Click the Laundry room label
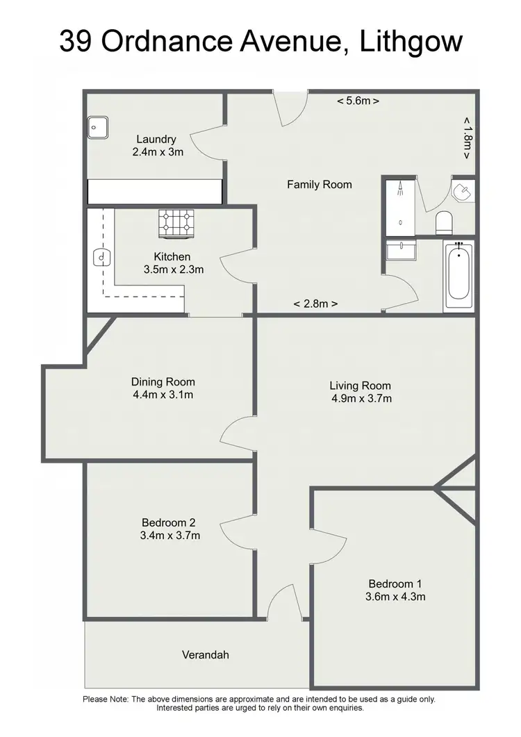pyautogui.click(x=156, y=139)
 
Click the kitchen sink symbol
pyautogui.click(x=101, y=258)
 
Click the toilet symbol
pyautogui.click(x=444, y=222)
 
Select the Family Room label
pyautogui.click(x=320, y=185)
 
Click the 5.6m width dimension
pyautogui.click(x=358, y=101)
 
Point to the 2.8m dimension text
pyautogui.click(x=315, y=304)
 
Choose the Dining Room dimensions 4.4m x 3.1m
pyautogui.click(x=163, y=395)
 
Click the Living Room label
pyautogui.click(x=360, y=386)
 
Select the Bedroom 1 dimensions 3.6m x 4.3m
pyautogui.click(x=396, y=597)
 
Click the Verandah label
pyautogui.click(x=206, y=654)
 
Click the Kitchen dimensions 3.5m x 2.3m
pyautogui.click(x=172, y=270)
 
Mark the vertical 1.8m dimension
pyautogui.click(x=467, y=138)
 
